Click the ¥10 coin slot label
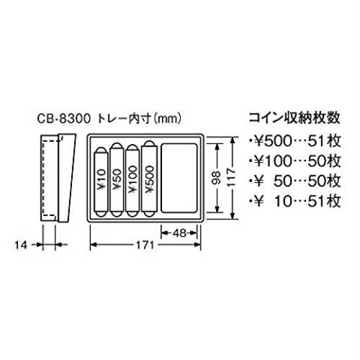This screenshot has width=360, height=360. pyautogui.click(x=102, y=179)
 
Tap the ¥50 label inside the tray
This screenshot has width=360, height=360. pyautogui.click(x=117, y=179)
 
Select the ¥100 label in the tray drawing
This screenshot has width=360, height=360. pyautogui.click(x=132, y=179)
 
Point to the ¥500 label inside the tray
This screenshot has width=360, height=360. pyautogui.click(x=149, y=179)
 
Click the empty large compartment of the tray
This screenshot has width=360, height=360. pyautogui.click(x=179, y=178)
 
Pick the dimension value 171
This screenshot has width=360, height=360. pyautogui.click(x=145, y=245)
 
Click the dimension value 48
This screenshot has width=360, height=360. pyautogui.click(x=179, y=233)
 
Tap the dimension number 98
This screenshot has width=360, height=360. pyautogui.click(x=217, y=178)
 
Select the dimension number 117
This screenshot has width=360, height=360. pyautogui.click(x=231, y=178)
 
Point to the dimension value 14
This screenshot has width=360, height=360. pyautogui.click(x=21, y=245)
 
